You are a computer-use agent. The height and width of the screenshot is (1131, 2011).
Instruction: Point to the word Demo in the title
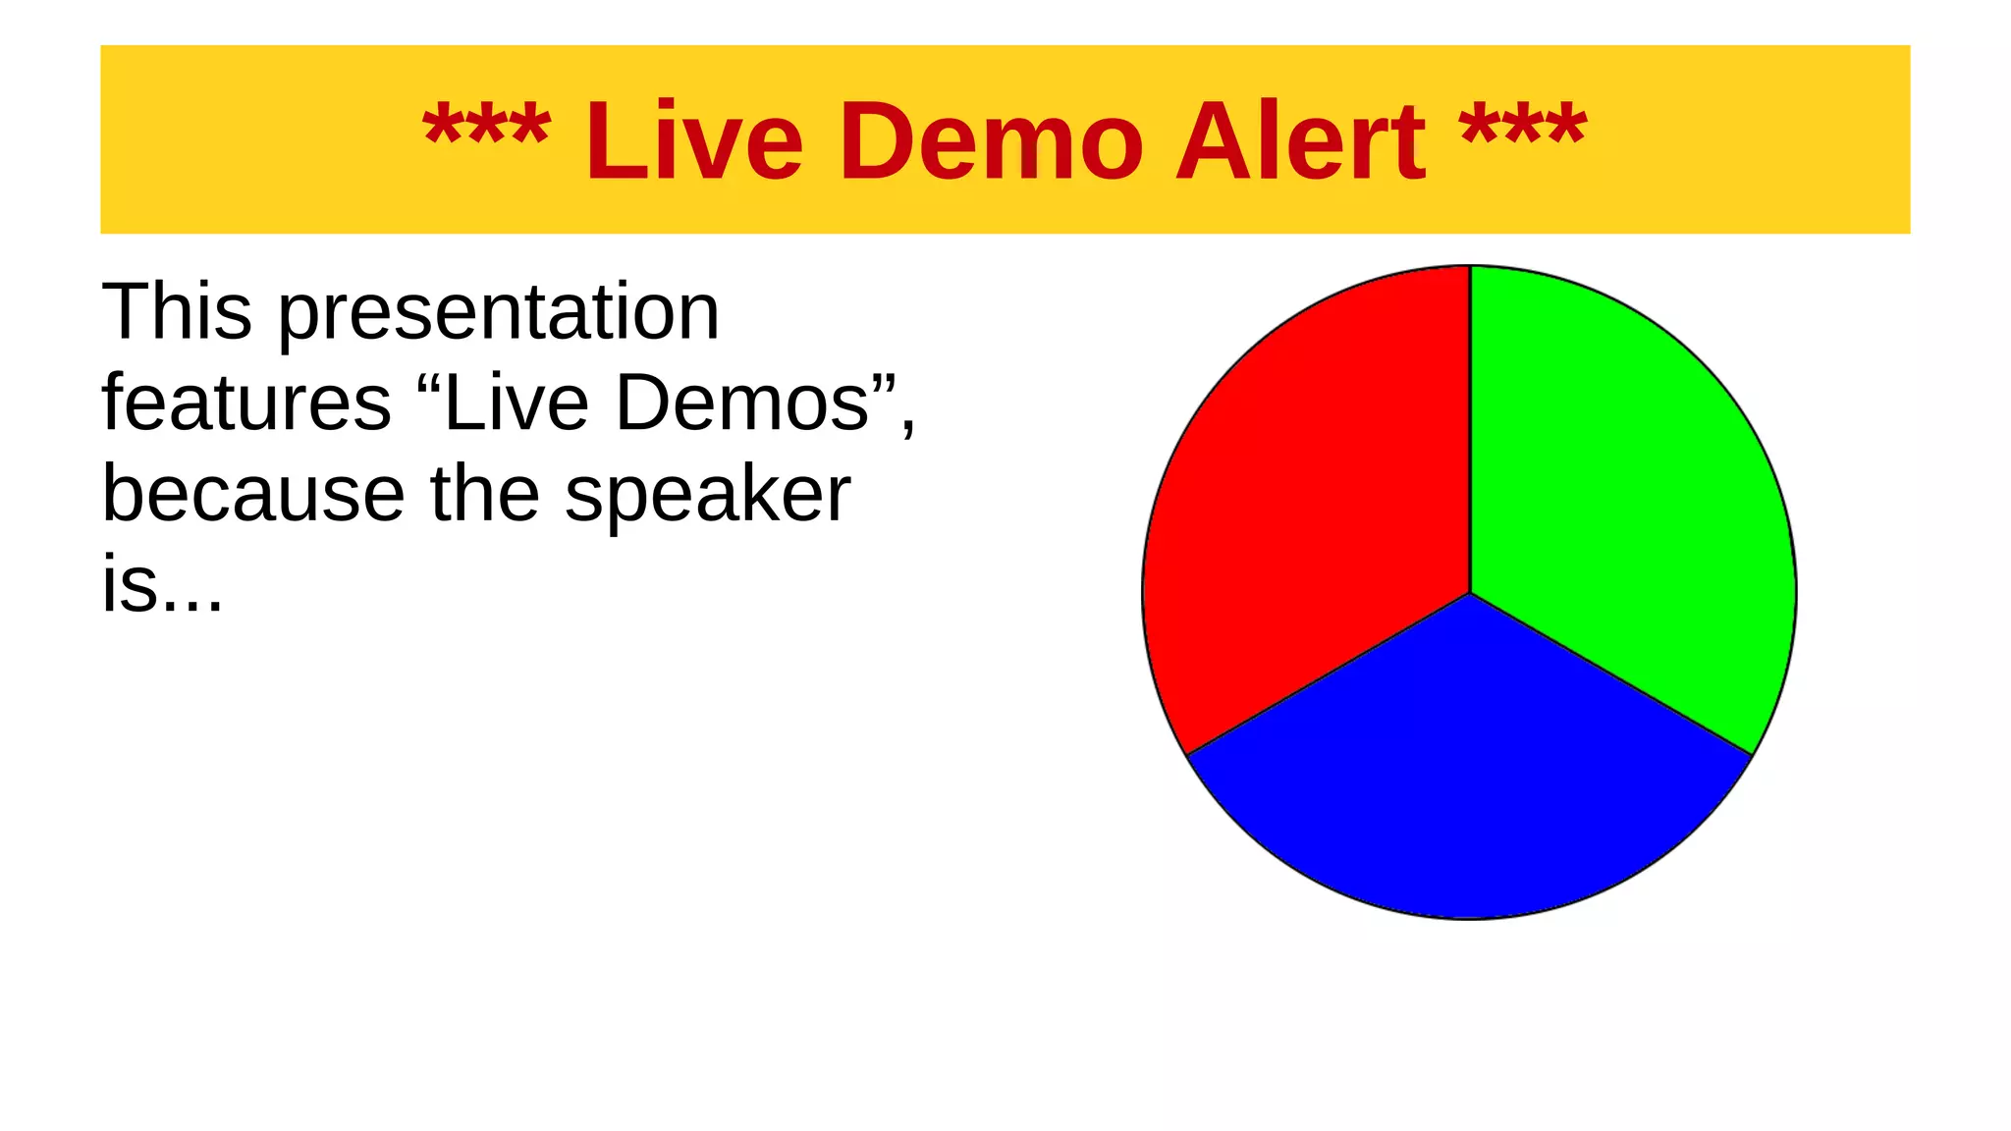click(x=991, y=141)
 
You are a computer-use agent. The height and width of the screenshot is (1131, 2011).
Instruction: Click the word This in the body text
click(x=177, y=312)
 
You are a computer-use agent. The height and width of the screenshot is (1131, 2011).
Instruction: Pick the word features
click(x=246, y=403)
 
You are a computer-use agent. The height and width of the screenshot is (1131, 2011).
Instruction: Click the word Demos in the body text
click(x=743, y=403)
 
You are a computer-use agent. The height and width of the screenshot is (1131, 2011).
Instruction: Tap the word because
click(x=253, y=494)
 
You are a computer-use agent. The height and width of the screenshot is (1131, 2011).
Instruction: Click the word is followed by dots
click(x=162, y=584)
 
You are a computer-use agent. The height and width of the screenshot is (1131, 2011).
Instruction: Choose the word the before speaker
click(x=485, y=494)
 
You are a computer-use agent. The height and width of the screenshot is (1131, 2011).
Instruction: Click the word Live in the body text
click(x=516, y=403)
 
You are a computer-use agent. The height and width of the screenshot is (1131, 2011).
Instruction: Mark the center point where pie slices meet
click(x=1470, y=593)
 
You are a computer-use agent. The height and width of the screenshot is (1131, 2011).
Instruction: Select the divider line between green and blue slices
click(x=1611, y=674)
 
